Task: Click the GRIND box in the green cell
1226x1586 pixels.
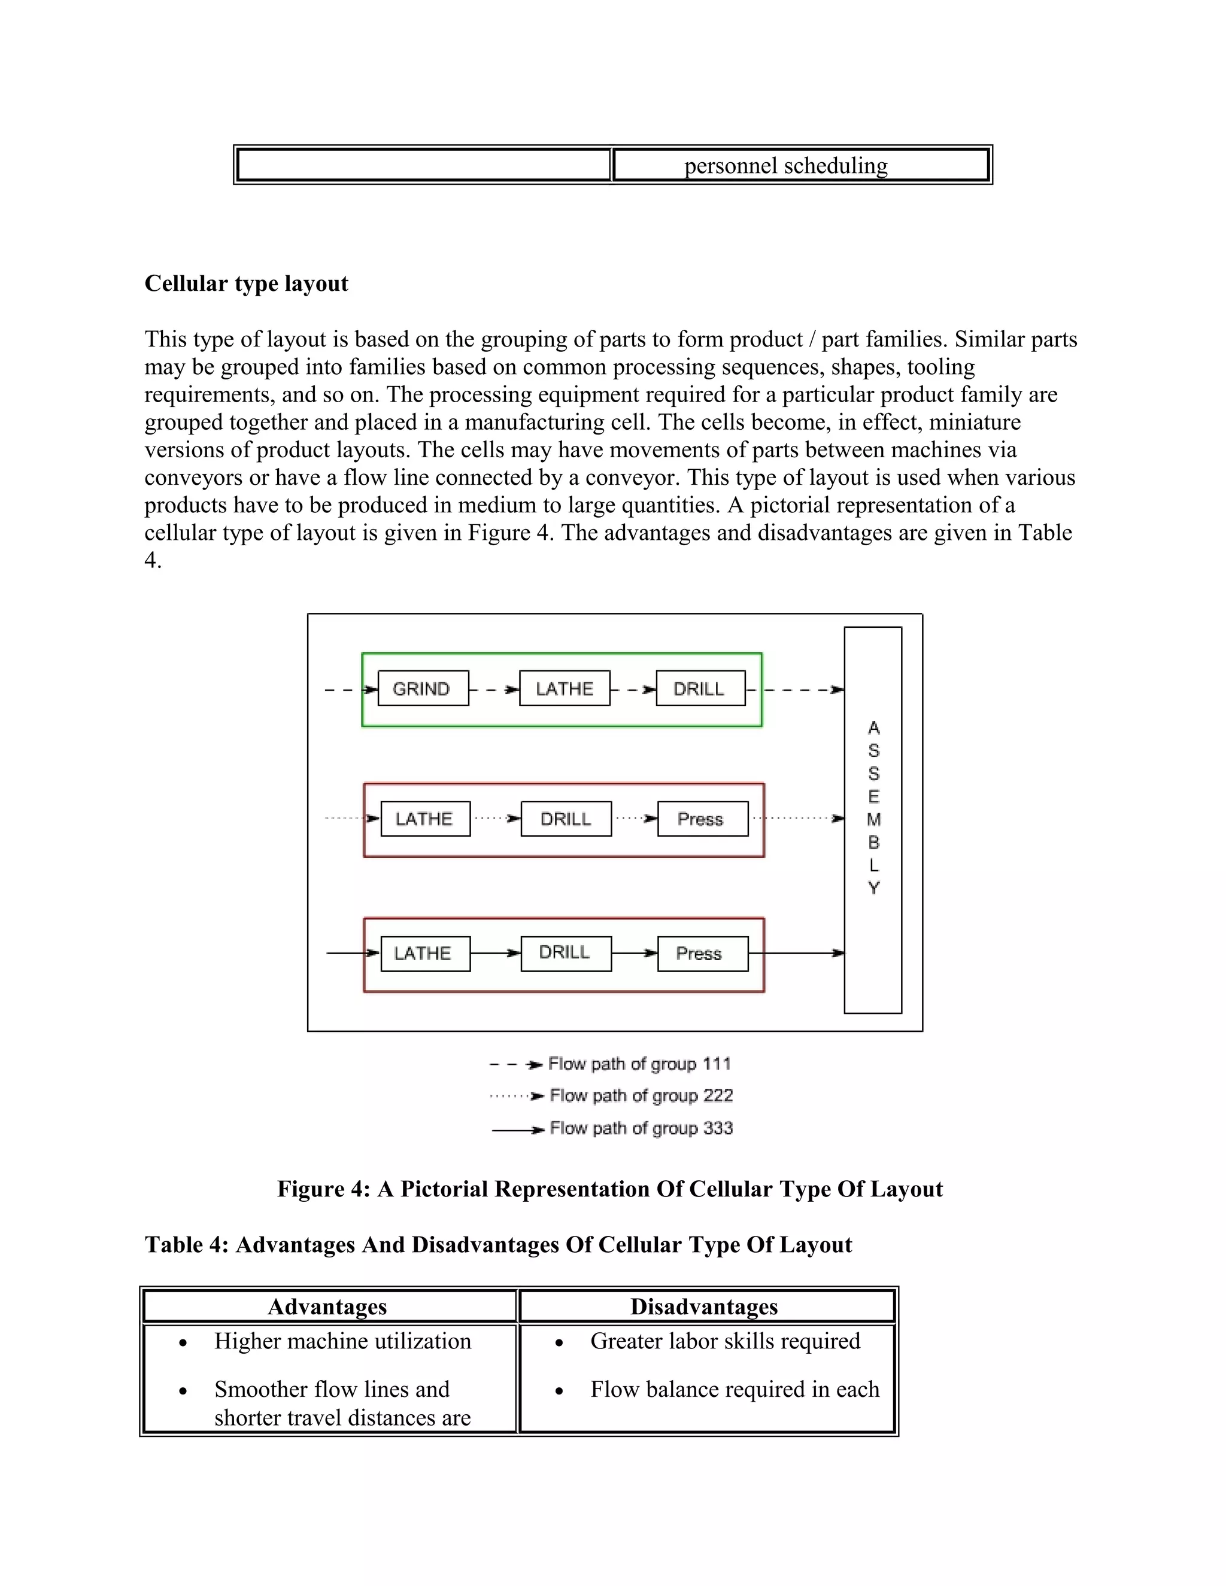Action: click(x=423, y=688)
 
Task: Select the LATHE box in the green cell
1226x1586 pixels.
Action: click(x=565, y=688)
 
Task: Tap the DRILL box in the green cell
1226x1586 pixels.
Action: click(x=700, y=688)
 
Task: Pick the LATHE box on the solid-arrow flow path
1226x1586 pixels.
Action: click(x=425, y=953)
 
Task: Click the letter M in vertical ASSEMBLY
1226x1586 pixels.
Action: click(x=874, y=819)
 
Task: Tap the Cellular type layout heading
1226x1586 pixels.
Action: click(x=246, y=283)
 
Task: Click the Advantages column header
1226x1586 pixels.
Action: click(x=327, y=1307)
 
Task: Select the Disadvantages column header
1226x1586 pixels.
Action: click(x=704, y=1307)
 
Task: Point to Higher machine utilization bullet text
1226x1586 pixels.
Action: click(x=342, y=1341)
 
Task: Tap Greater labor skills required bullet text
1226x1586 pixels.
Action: click(x=725, y=1341)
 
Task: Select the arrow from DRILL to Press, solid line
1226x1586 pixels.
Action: click(x=635, y=953)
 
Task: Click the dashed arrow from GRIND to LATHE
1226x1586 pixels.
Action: click(x=494, y=689)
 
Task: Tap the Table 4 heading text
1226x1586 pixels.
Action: click(x=497, y=1244)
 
